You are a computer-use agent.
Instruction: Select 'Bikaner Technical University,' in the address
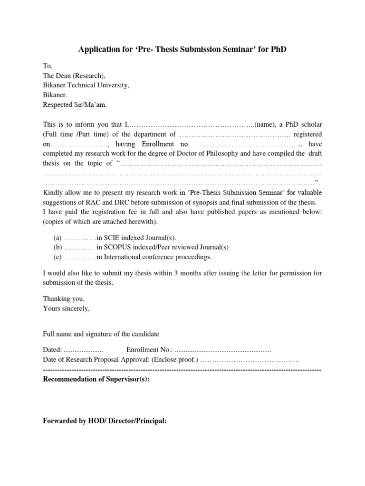coord(86,85)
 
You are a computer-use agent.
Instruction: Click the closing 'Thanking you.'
coord(64,299)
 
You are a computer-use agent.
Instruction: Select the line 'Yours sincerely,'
coord(66,308)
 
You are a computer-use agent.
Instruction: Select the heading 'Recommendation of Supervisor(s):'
coord(96,379)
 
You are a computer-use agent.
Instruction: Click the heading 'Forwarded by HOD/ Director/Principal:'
coord(105,420)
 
